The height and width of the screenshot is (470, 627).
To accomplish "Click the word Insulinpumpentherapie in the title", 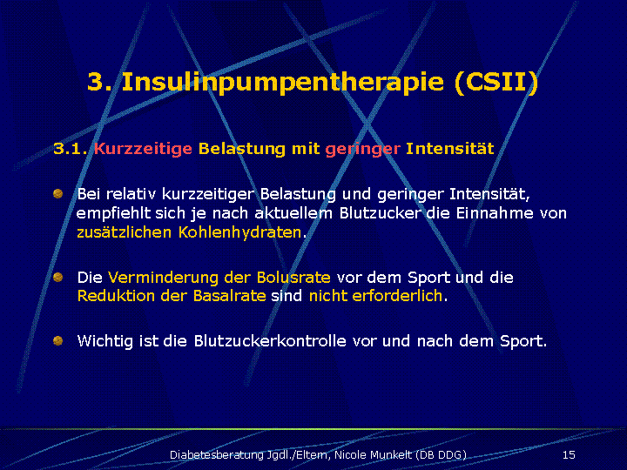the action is click(x=283, y=82).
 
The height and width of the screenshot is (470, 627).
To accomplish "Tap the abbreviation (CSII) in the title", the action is click(x=496, y=82).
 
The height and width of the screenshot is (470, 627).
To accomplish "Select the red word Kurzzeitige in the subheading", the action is click(x=143, y=149).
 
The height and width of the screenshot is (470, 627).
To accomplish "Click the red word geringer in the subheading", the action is click(x=362, y=150).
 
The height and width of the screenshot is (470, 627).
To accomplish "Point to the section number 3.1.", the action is click(x=71, y=149).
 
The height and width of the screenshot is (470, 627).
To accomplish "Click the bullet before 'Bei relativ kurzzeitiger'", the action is click(x=58, y=194).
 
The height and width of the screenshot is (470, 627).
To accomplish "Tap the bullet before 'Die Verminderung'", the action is click(x=58, y=277).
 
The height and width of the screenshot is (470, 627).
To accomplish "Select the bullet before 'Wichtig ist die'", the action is click(x=58, y=340).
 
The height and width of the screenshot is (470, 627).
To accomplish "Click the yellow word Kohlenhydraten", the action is click(x=240, y=232).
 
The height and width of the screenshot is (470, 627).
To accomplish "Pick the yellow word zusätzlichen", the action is click(x=124, y=232).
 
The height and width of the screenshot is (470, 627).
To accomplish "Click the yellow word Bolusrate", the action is click(x=293, y=277).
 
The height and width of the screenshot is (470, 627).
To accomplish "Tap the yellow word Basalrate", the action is click(x=230, y=296).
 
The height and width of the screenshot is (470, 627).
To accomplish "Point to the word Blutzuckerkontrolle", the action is click(x=270, y=341).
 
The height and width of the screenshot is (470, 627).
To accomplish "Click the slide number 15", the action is click(x=569, y=455).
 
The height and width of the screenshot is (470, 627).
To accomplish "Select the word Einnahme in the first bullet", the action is click(x=495, y=213).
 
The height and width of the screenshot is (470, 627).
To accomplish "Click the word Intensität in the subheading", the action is click(x=450, y=149).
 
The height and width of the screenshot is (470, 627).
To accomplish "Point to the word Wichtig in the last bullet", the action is click(x=104, y=342).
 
